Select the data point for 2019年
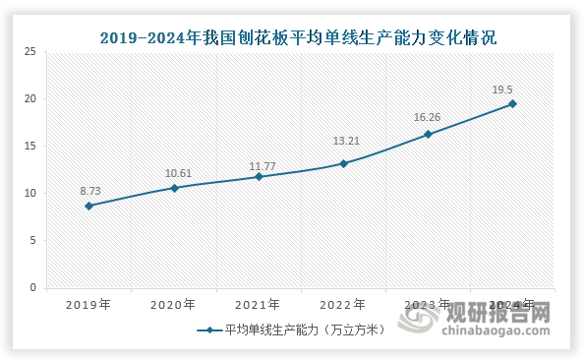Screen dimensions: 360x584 click(x=89, y=206)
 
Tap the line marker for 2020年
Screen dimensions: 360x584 click(x=174, y=188)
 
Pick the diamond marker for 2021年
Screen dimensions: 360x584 click(x=259, y=176)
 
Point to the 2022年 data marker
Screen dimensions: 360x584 click(x=343, y=163)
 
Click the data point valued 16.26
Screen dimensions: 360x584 click(x=428, y=134)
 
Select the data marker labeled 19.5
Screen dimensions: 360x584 click(x=512, y=103)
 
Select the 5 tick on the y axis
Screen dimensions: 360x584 click(x=33, y=240)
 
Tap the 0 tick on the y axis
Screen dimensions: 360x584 click(x=33, y=287)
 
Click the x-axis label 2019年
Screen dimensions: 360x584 click(x=89, y=304)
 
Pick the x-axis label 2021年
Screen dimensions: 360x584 click(x=259, y=304)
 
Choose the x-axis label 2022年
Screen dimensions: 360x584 click(x=343, y=304)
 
